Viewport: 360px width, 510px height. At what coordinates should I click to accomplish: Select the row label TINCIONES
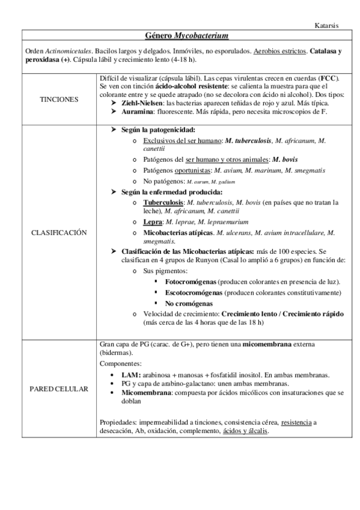(58, 99)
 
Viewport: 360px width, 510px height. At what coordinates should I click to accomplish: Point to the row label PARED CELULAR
(58, 389)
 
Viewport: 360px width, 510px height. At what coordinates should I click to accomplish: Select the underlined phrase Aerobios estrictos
(267, 52)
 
